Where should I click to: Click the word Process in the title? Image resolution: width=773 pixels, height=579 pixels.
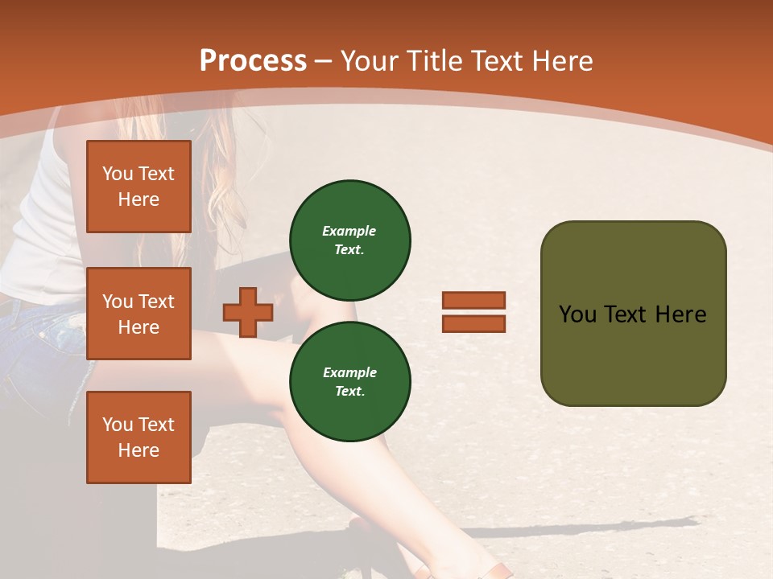(x=253, y=61)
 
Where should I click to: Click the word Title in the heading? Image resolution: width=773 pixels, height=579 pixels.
(x=434, y=61)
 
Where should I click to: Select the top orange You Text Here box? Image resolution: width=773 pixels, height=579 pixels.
(x=138, y=187)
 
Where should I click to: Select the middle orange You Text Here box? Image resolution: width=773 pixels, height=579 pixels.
(x=138, y=314)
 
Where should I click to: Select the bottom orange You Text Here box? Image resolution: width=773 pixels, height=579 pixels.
(x=138, y=437)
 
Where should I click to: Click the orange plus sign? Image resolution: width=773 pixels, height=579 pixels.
(x=247, y=312)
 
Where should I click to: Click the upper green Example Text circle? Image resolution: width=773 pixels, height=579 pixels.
(x=349, y=240)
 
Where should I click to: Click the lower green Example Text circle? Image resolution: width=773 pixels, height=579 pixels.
(x=349, y=381)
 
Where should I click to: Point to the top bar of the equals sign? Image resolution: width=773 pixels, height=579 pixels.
(x=473, y=301)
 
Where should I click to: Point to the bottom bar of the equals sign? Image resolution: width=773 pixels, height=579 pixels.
(x=473, y=323)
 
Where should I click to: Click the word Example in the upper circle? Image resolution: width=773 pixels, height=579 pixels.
(x=349, y=231)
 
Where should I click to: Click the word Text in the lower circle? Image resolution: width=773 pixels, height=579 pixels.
(x=349, y=391)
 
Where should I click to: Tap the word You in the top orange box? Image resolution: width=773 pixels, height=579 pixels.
(x=118, y=174)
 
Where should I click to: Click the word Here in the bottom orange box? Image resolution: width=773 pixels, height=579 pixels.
(x=138, y=450)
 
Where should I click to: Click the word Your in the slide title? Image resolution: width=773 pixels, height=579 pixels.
(x=369, y=61)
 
